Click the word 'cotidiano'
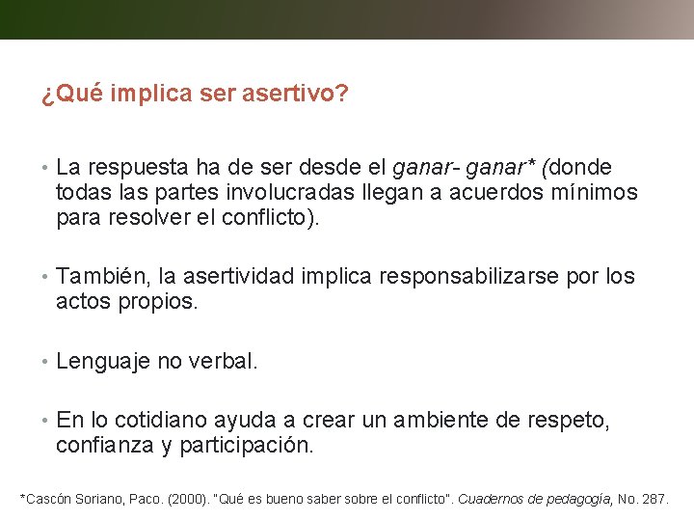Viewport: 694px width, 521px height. click(x=162, y=421)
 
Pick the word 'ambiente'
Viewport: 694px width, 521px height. click(x=439, y=421)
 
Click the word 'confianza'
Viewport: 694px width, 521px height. click(x=101, y=446)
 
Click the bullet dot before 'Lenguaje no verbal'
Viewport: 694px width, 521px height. click(x=45, y=363)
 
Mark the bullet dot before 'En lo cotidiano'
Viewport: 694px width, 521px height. click(x=45, y=422)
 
